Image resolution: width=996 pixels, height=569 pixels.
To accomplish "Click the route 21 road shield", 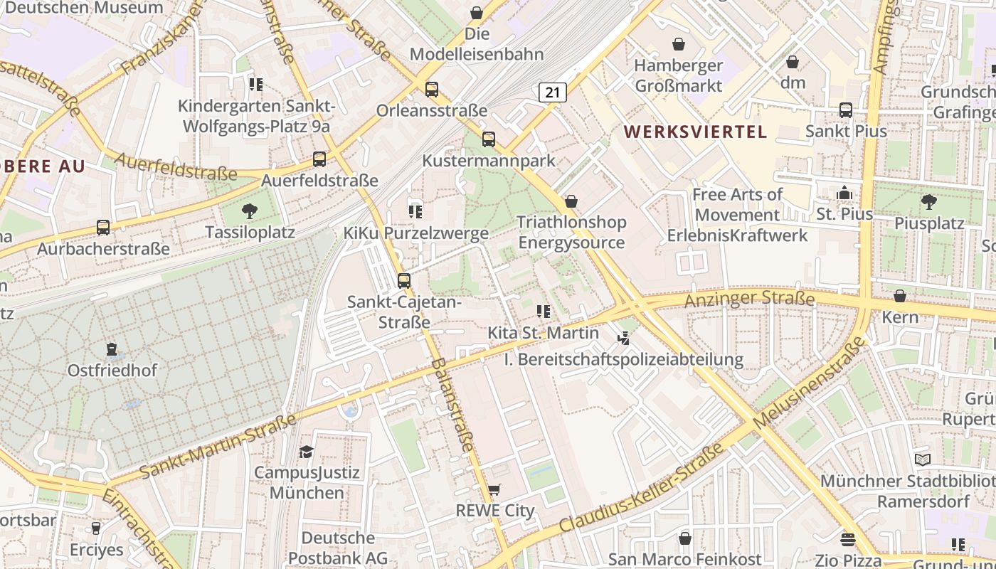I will (x=552, y=92).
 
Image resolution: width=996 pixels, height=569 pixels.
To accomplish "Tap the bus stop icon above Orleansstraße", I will (x=432, y=90).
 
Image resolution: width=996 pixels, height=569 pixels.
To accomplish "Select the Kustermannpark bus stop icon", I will (x=488, y=139).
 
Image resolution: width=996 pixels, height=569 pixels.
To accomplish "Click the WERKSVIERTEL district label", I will (x=695, y=132).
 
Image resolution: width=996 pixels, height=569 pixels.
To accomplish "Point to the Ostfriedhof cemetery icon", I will (x=112, y=349).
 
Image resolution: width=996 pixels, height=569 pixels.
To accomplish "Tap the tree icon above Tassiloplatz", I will (x=249, y=211).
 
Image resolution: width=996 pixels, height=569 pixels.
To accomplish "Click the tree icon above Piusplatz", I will (x=928, y=202).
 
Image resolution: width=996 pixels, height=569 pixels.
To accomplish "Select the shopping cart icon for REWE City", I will (x=494, y=490).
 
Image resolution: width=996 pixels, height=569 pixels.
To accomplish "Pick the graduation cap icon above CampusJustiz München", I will (x=306, y=452).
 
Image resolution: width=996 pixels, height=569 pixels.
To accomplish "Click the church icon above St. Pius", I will (x=844, y=193).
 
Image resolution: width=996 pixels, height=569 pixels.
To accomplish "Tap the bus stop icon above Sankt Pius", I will (x=846, y=110).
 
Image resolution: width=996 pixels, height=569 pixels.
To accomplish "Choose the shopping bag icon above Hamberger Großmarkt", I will (x=679, y=44).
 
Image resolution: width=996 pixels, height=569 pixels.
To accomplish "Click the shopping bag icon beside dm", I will (x=793, y=62).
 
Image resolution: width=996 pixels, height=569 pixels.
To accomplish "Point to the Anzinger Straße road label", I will (x=748, y=299).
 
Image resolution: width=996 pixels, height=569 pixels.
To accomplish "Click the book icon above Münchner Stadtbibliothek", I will (x=923, y=459).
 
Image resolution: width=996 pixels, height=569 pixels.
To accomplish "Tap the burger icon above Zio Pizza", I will (x=847, y=539).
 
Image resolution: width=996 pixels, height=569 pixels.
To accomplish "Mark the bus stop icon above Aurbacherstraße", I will (x=103, y=228).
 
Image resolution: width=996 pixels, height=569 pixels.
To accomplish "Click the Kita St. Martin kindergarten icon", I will (x=544, y=312).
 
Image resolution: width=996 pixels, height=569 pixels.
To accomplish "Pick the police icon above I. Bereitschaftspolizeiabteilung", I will (x=624, y=339).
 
